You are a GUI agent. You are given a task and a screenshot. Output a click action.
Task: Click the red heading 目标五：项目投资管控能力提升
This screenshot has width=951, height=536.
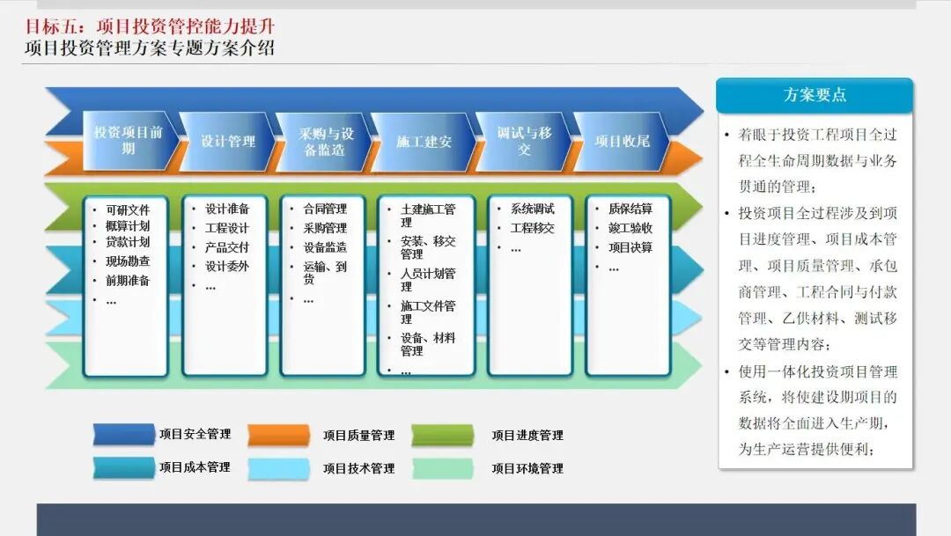coord(150,26)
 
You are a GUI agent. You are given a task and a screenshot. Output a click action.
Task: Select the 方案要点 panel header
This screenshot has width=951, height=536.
coord(815,95)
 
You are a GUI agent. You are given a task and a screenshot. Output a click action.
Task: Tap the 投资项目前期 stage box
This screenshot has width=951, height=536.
coord(129,141)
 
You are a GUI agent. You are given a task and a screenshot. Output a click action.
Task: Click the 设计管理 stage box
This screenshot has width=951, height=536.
coord(227,142)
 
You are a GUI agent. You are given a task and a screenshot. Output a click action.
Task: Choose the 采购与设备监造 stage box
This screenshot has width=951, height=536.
coord(324,142)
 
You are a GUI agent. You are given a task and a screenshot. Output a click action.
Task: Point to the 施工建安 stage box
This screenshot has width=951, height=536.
coord(424,142)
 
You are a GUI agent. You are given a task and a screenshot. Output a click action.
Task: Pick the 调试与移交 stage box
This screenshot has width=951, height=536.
coord(524,142)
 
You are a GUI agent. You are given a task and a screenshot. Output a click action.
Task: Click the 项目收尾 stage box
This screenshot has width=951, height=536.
coord(622,142)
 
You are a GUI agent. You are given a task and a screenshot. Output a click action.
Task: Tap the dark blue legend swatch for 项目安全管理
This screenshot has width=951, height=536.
coord(124,435)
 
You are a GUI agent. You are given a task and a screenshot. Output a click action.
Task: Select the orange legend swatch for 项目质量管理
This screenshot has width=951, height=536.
coord(279,436)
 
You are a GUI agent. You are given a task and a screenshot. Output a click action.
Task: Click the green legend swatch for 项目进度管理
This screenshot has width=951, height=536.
coord(443,436)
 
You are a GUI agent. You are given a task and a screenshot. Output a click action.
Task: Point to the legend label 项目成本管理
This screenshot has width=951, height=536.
coord(195,466)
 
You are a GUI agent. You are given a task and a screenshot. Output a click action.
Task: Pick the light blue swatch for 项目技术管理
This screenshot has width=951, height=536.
coord(279,469)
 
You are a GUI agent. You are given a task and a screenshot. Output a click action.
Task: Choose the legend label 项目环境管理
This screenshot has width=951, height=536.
coord(527,468)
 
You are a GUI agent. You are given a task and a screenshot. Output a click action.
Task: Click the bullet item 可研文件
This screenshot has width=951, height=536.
coord(128,209)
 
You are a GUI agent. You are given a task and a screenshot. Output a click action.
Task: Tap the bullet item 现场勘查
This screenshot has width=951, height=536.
coord(128,261)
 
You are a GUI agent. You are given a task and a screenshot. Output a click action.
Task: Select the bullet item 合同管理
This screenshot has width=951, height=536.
coord(325,209)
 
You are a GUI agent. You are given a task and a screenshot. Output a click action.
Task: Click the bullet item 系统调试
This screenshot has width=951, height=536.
coord(533,209)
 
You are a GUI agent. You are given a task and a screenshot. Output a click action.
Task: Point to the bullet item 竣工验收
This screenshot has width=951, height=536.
coord(630,228)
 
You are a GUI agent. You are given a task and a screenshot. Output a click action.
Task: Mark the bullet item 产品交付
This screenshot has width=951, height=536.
coord(227,247)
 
